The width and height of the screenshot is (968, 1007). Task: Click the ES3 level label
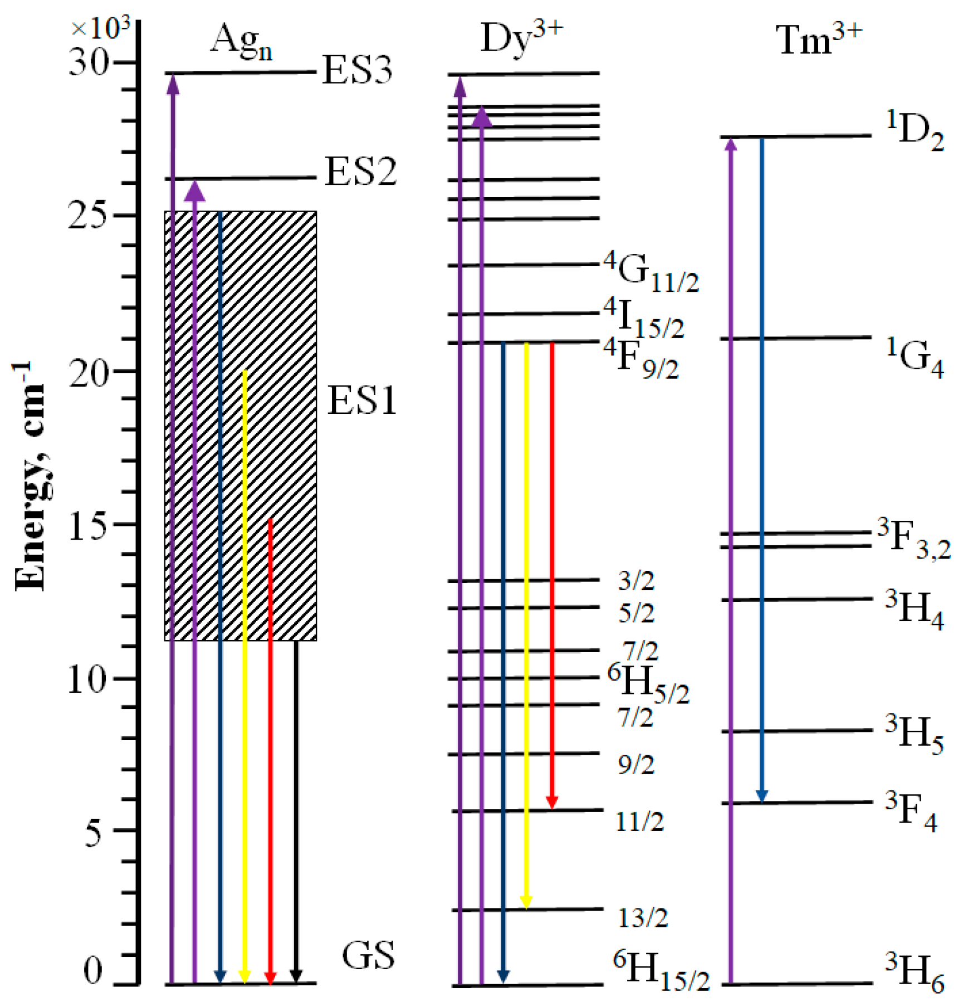(x=357, y=70)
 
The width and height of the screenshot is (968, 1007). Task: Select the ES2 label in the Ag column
(x=360, y=171)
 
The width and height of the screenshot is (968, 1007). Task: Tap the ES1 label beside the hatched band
(x=362, y=400)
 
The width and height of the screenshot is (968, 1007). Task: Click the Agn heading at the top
(x=241, y=41)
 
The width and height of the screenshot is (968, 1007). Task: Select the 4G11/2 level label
(x=651, y=271)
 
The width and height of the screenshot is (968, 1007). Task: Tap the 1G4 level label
(x=915, y=358)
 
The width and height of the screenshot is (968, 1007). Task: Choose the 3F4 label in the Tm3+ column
(x=911, y=812)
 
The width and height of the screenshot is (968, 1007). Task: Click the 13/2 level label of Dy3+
(x=642, y=917)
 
